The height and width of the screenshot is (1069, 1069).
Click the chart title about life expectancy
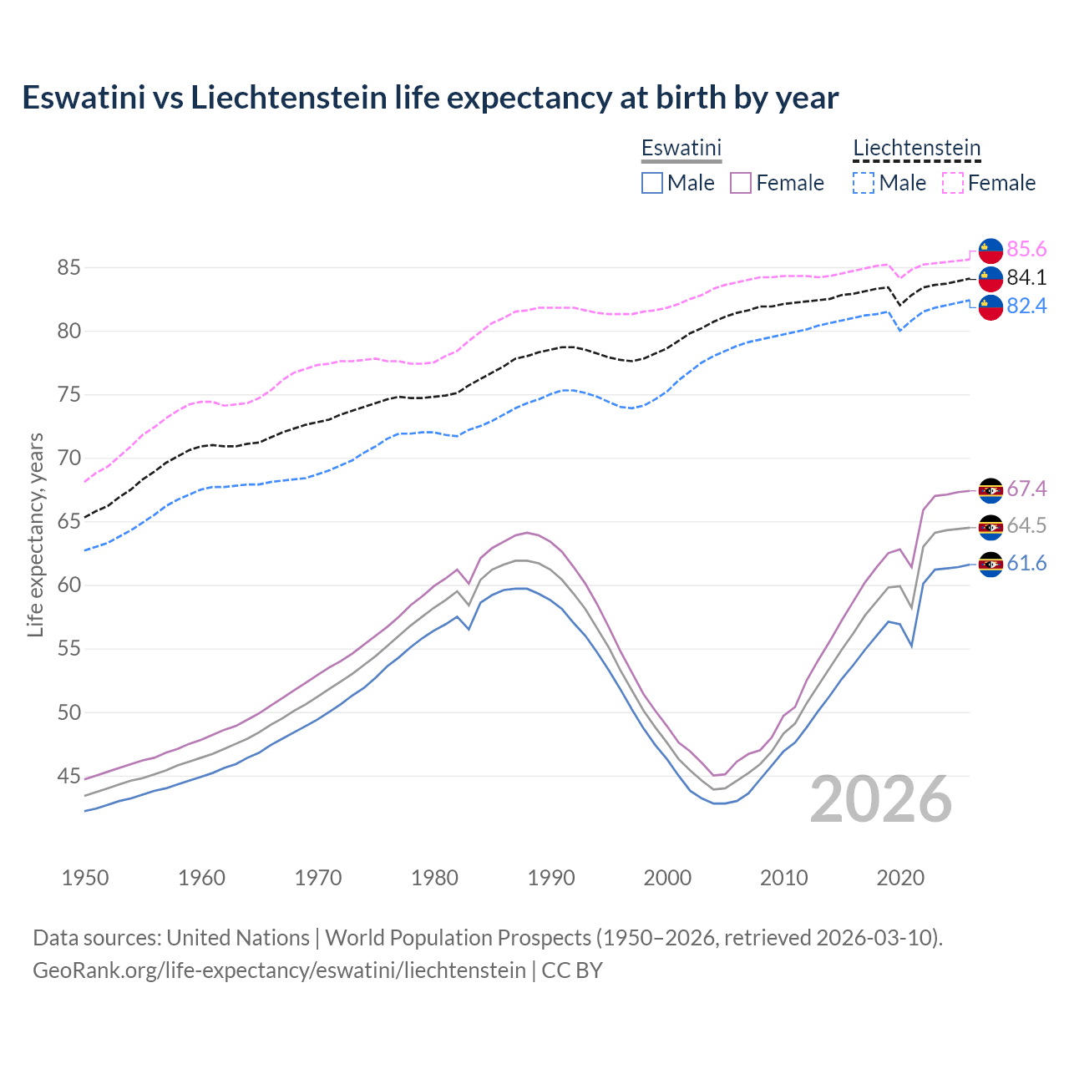[x=430, y=98]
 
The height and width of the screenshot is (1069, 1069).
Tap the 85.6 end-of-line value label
[x=1026, y=250]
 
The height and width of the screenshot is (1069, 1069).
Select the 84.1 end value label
[x=1026, y=278]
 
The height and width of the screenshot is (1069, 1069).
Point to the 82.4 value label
[x=1026, y=307]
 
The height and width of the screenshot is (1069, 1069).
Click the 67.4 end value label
[x=1026, y=489]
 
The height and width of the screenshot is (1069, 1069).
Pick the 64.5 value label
[x=1026, y=526]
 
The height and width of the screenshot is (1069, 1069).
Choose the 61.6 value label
[x=1026, y=564]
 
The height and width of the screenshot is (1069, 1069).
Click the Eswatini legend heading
[x=681, y=148]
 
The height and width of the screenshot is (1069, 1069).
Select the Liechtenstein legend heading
[x=916, y=148]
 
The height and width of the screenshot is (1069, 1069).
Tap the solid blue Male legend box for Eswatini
[x=652, y=183]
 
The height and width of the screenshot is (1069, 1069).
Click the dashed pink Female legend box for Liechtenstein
[x=953, y=183]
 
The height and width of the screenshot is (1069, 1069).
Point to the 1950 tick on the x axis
[x=85, y=878]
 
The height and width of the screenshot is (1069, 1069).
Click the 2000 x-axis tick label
[x=667, y=878]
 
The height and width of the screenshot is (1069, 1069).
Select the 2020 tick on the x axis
[x=900, y=878]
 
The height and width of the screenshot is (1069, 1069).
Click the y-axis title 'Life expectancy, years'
[x=35, y=534]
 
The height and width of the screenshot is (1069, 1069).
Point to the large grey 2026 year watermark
[x=880, y=799]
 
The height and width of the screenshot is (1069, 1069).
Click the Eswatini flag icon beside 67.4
[x=990, y=490]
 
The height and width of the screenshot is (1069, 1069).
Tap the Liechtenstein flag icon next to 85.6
[x=990, y=250]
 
